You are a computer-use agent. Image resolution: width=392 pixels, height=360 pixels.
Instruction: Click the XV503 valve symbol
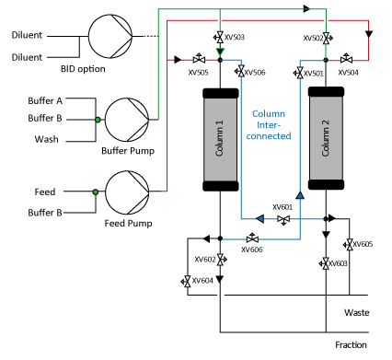[x=219, y=38]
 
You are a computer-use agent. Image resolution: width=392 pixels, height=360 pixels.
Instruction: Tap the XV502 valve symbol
[x=327, y=39]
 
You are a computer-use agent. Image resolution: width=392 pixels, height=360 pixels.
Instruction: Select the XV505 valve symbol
[x=199, y=58]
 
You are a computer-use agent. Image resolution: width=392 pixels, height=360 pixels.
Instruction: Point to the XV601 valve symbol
[x=283, y=220]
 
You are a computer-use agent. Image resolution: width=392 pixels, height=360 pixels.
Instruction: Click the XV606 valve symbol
[x=252, y=238]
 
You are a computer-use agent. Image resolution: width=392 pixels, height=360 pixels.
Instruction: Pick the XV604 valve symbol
[x=186, y=282]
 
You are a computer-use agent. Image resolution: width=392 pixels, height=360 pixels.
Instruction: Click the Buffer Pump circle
[x=127, y=120]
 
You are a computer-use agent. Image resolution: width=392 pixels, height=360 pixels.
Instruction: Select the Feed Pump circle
[x=127, y=192]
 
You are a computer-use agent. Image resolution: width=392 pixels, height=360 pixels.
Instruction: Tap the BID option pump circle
[x=110, y=36]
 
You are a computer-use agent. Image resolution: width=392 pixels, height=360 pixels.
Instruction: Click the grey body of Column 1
[x=220, y=140]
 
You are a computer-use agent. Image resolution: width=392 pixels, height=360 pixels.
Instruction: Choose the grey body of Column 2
[x=326, y=138]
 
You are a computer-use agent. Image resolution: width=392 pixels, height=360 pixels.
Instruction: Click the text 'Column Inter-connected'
[x=269, y=125]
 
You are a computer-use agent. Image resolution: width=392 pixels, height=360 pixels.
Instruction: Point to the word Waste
[x=357, y=313]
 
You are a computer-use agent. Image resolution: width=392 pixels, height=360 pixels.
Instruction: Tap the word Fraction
[x=351, y=345]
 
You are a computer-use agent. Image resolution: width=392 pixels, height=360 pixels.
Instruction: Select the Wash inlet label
[x=46, y=139]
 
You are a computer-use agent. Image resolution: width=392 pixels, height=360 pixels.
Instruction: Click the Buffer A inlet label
[x=45, y=100]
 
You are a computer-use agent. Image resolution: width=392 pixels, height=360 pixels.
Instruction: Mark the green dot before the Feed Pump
[x=96, y=192]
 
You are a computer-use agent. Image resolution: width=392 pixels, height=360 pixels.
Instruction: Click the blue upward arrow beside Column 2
[x=300, y=195]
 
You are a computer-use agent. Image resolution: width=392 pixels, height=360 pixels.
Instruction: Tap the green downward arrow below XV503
[x=220, y=52]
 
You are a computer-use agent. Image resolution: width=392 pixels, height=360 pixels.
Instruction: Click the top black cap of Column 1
[x=221, y=93]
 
